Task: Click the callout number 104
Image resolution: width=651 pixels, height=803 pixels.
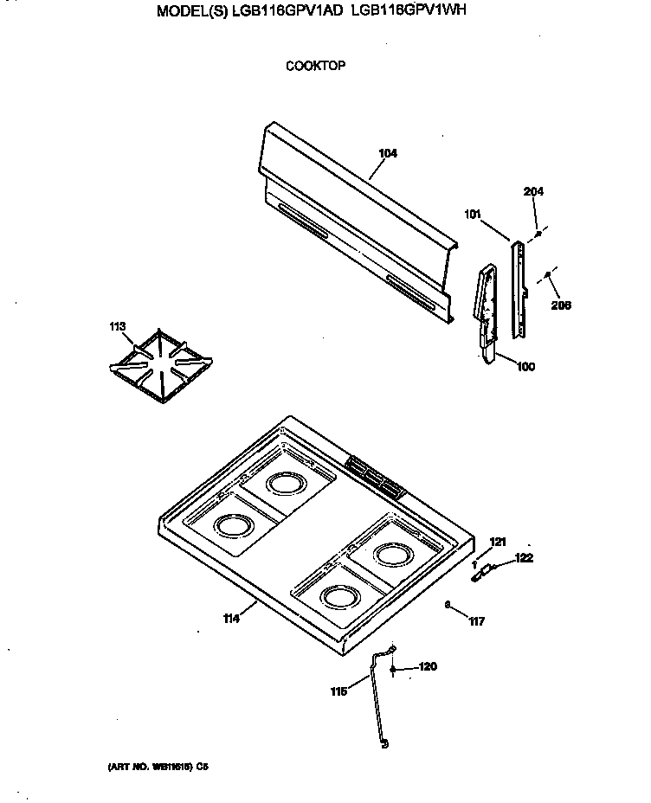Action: point(388,154)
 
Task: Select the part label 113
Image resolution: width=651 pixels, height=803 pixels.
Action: point(118,326)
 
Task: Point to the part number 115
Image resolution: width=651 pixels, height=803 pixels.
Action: point(339,691)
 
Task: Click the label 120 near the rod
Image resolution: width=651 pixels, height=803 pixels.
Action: point(428,667)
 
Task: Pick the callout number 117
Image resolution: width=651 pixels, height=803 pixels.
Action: point(476,620)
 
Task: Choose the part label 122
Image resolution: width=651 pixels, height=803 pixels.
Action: point(524,558)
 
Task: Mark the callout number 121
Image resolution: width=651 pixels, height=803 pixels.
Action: point(498,542)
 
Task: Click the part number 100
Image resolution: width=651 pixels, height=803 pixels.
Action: point(525,367)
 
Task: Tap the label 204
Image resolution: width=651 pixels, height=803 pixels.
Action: point(532,193)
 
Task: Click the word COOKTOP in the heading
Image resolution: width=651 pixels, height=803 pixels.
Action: point(316,66)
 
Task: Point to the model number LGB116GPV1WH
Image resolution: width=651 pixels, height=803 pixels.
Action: point(411,14)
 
